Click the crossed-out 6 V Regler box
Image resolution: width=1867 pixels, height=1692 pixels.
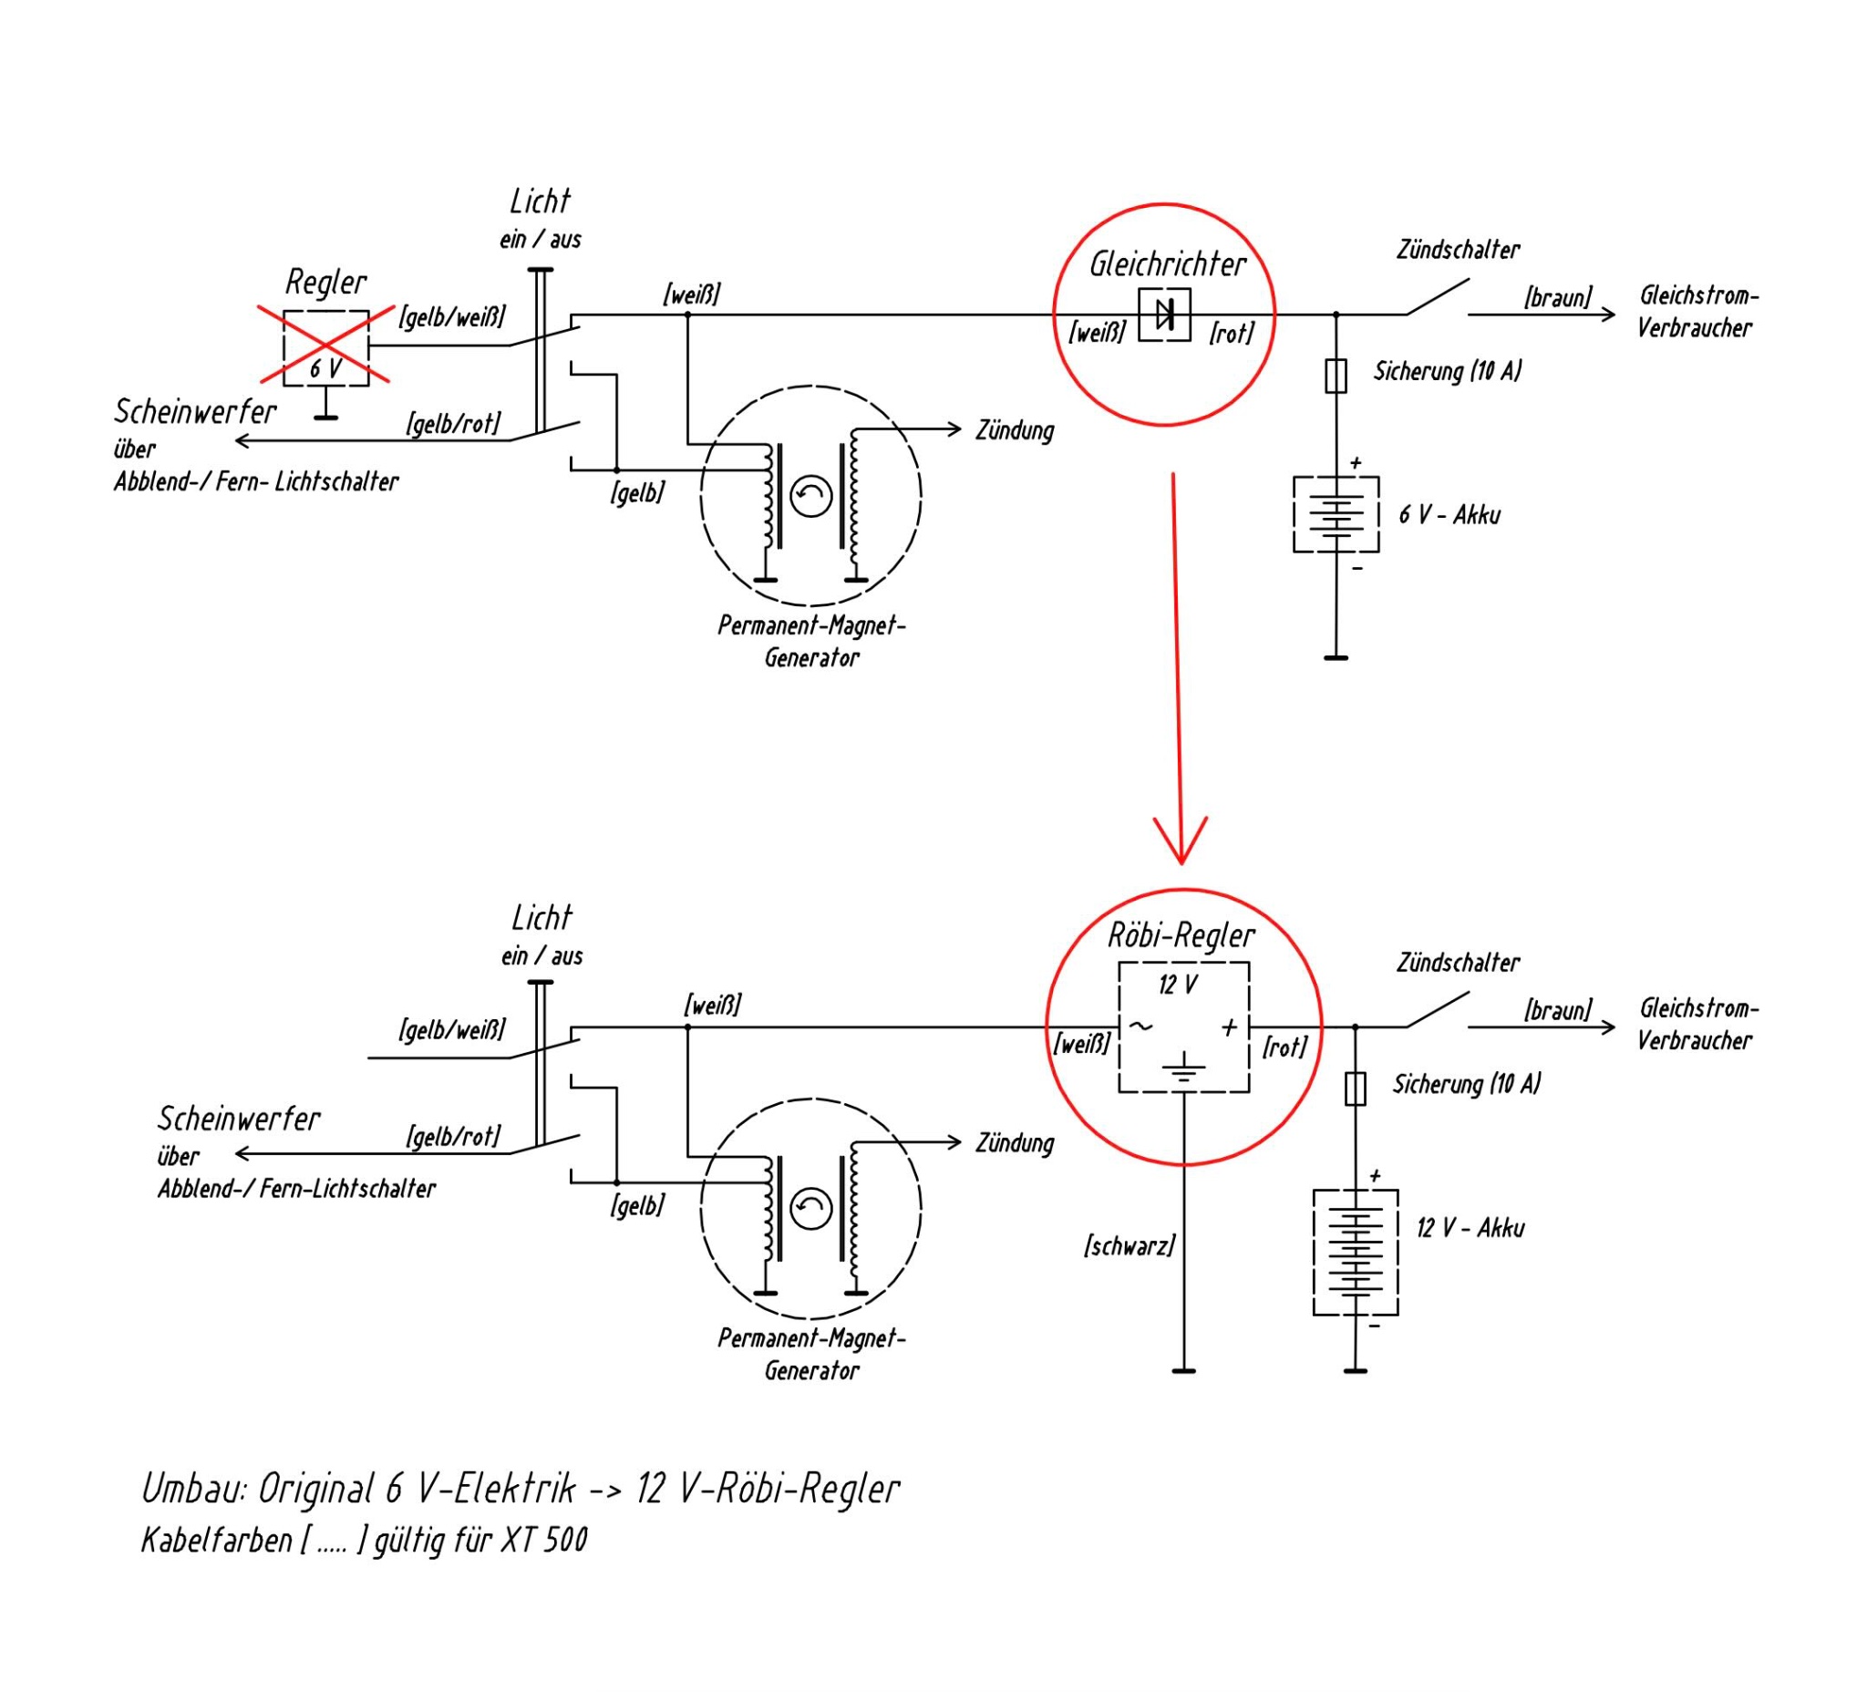326,347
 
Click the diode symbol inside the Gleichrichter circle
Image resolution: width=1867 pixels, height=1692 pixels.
1164,314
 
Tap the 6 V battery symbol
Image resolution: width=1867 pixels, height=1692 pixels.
1336,514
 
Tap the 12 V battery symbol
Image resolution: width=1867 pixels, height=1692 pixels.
1355,1252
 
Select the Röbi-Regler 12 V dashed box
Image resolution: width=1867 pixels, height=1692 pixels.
1183,1027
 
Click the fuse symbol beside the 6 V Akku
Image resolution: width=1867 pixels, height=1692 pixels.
1336,375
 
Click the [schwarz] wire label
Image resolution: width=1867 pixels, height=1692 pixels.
1129,1245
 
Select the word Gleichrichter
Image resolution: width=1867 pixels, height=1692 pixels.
1167,265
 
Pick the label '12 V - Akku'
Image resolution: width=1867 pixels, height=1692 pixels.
1470,1228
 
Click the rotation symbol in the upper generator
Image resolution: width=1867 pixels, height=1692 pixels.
810,497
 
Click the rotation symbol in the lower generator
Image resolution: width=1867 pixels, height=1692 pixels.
810,1209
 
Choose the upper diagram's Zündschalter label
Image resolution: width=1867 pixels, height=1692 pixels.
1458,250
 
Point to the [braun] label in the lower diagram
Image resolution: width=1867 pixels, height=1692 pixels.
1558,1010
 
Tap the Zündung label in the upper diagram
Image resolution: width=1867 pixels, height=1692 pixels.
1014,430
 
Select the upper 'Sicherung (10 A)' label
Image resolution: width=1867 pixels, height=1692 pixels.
1447,371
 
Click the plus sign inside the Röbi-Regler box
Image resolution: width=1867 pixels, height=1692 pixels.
1229,1027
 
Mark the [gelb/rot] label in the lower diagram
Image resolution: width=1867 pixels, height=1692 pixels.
453,1136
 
